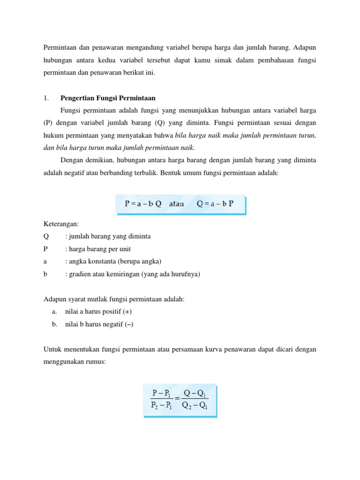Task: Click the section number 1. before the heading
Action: click(46, 98)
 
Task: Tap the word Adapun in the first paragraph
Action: click(305, 47)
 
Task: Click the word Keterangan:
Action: click(61, 224)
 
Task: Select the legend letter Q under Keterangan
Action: click(46, 236)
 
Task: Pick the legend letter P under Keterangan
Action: click(45, 249)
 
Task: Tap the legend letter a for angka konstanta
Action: click(45, 262)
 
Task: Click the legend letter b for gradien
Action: click(45, 274)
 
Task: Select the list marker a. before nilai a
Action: click(54, 312)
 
